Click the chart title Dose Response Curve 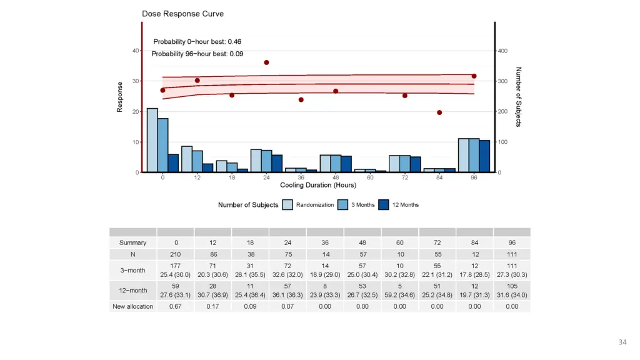182,14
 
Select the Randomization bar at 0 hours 152,141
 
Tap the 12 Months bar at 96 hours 484,156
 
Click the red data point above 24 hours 266,62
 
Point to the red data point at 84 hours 439,112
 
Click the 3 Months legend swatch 343,205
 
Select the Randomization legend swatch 287,205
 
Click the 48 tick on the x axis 336,177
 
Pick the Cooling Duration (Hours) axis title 318,185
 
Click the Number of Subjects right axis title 519,97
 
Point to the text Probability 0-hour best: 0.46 197,42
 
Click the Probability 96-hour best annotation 197,54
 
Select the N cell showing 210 176,254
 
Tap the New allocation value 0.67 176,306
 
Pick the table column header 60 400,242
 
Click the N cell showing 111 512,254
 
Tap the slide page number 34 622,342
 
